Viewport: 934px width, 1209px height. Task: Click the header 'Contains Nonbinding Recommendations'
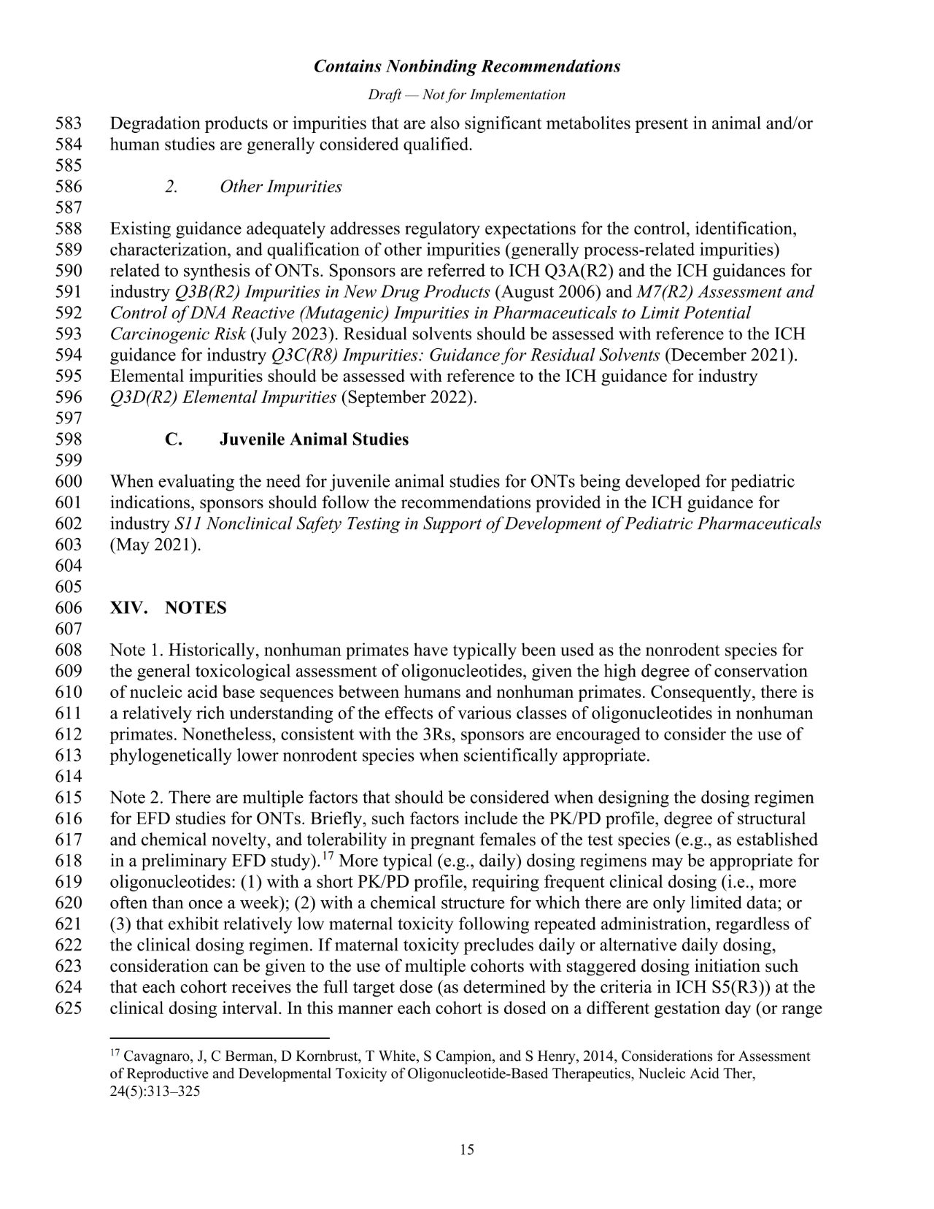pyautogui.click(x=467, y=66)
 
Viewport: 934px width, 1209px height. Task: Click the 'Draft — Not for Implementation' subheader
pyautogui.click(x=467, y=95)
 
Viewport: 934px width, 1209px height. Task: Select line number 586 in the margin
pyautogui.click(x=68, y=187)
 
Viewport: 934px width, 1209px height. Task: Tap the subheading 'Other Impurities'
pyautogui.click(x=281, y=187)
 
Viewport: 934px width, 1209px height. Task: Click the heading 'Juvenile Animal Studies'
pyautogui.click(x=314, y=440)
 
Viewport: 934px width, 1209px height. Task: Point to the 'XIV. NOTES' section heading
pyautogui.click(x=168, y=608)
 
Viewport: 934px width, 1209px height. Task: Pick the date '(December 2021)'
pyautogui.click(x=730, y=356)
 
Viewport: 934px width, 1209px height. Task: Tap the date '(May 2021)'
pyautogui.click(x=155, y=545)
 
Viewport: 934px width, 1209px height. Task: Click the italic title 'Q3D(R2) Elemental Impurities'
pyautogui.click(x=223, y=398)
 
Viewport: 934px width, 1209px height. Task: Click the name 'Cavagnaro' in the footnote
pyautogui.click(x=150, y=1056)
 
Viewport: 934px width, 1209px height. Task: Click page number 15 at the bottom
pyautogui.click(x=467, y=1151)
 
